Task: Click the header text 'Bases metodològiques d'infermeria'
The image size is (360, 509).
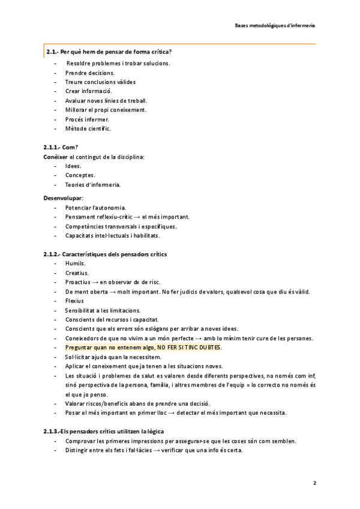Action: [x=275, y=26]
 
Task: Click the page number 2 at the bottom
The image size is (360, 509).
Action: [x=314, y=483]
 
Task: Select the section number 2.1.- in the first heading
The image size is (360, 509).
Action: [x=52, y=52]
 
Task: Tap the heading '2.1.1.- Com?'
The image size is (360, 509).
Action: [x=61, y=147]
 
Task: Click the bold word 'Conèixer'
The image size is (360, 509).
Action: [x=55, y=157]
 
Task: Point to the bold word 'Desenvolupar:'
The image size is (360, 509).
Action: [x=64, y=198]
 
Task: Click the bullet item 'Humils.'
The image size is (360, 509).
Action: [x=76, y=264]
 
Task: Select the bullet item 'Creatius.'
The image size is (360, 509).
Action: [x=77, y=273]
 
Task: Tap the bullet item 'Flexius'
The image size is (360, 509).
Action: [x=74, y=301]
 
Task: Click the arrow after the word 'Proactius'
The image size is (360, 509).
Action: [x=95, y=282]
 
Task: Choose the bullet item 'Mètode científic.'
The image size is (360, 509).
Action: [x=88, y=128]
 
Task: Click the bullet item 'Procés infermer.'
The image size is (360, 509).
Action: [x=88, y=119]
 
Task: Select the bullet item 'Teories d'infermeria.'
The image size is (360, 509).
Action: [x=93, y=184]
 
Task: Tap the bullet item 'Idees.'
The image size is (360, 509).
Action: [x=74, y=166]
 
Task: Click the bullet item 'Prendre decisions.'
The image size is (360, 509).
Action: [x=90, y=73]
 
